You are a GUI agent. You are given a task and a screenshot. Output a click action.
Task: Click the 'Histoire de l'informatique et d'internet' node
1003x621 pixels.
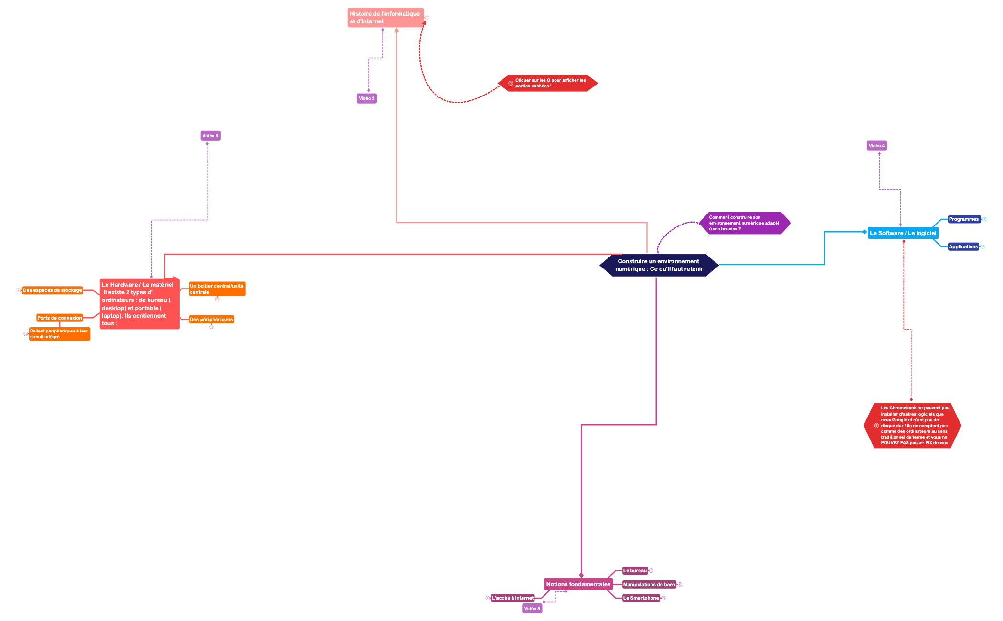(385, 18)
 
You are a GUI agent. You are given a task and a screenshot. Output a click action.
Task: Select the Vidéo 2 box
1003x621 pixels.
(367, 98)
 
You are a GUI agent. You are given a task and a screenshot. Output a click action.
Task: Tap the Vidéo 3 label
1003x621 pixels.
(210, 136)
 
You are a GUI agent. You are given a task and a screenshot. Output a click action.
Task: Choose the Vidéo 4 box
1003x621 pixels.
(877, 146)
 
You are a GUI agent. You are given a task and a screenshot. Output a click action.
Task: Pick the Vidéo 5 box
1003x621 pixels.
(532, 609)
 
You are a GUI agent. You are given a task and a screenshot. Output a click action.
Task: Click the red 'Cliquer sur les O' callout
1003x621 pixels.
(548, 83)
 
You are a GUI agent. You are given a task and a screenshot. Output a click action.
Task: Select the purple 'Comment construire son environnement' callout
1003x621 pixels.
(745, 223)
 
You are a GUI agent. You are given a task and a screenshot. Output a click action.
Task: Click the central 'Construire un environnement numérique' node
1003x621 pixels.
(659, 265)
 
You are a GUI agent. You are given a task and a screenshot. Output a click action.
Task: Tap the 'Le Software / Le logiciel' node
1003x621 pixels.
(903, 233)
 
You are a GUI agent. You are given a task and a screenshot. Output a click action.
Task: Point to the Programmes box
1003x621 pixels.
(964, 219)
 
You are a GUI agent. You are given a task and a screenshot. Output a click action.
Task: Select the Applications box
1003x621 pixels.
(963, 247)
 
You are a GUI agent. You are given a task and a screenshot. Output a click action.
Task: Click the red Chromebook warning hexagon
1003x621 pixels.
(912, 426)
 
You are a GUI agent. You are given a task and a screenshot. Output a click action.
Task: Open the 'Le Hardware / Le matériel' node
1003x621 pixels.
(139, 304)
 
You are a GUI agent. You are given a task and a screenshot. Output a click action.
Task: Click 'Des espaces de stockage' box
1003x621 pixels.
(53, 290)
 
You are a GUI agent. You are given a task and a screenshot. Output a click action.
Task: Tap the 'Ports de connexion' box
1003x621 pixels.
(60, 318)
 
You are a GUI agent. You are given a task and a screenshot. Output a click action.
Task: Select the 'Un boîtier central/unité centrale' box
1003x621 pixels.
(217, 289)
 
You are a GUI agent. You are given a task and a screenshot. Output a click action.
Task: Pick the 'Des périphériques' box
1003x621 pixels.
(212, 320)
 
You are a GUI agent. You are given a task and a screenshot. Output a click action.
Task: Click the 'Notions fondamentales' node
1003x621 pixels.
(578, 584)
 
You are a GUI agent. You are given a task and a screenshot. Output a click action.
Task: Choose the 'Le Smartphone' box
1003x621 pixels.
(641, 598)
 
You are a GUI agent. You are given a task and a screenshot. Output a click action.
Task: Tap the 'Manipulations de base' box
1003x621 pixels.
(649, 585)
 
